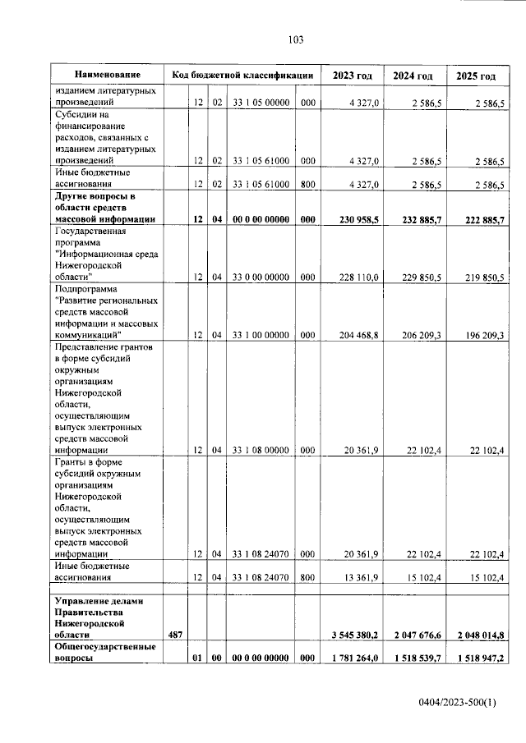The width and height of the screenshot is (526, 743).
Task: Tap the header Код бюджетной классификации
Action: point(242,76)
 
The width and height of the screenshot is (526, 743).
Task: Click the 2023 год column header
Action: point(352,76)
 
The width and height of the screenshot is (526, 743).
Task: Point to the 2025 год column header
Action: point(476,76)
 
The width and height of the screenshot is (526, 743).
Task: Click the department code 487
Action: point(173,635)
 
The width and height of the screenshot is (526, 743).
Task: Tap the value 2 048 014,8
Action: point(474,635)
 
